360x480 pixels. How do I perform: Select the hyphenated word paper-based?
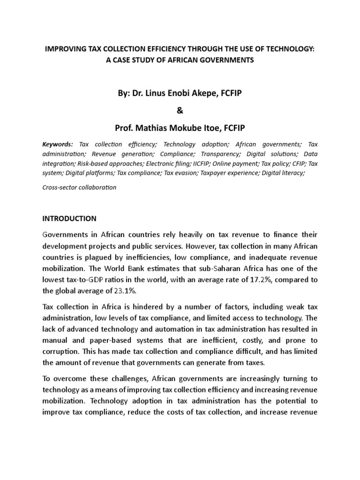118,339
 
